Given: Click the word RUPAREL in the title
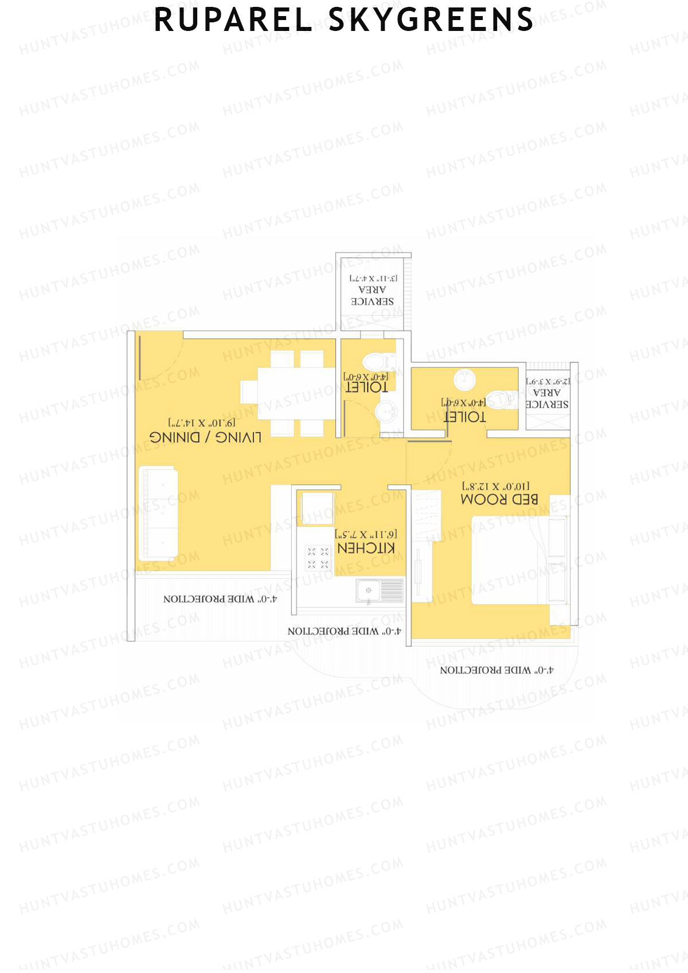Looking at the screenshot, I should (233, 20).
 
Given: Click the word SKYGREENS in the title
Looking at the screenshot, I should (431, 20).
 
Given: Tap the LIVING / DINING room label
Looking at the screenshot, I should (205, 437).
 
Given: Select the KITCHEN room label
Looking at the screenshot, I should (366, 548).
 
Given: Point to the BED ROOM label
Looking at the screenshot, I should (499, 499).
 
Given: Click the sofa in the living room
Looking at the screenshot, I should (158, 514).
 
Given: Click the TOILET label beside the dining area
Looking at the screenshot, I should (367, 387).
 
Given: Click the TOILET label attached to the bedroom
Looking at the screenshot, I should (465, 417).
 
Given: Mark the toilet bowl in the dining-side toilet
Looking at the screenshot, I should (376, 361).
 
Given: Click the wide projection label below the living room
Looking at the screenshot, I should (220, 599).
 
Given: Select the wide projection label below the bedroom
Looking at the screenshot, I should (497, 670).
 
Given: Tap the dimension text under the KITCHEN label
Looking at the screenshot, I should (366, 534).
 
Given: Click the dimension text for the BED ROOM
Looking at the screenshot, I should (496, 486).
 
